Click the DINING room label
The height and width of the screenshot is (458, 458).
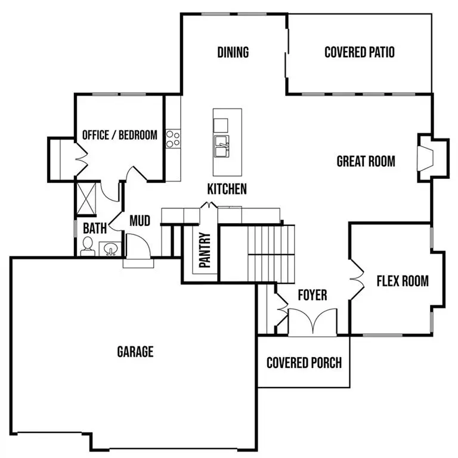tap(233, 52)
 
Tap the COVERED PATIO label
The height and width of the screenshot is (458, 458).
tap(359, 52)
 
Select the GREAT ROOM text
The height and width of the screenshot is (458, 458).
tap(366, 161)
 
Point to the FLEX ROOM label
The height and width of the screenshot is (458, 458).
tap(403, 281)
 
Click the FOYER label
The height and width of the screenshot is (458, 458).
tap(312, 295)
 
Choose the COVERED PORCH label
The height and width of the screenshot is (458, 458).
tap(304, 363)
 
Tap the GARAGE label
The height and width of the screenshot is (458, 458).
tap(135, 351)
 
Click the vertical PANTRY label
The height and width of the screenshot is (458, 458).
tap(205, 251)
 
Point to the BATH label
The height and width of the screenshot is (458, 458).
tap(94, 228)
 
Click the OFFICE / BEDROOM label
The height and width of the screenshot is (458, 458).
tap(119, 135)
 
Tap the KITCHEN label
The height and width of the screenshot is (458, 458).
tap(227, 190)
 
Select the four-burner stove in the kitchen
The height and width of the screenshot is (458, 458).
tap(173, 139)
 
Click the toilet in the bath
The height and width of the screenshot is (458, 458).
tap(87, 246)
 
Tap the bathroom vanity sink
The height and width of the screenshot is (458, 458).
tap(110, 249)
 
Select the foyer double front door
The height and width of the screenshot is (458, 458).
tap(312, 323)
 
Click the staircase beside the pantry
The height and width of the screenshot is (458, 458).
tap(271, 253)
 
